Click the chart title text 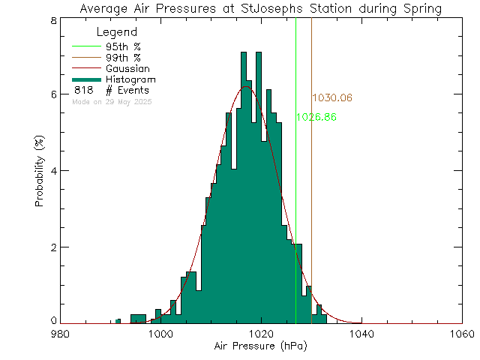pyautogui.click(x=259, y=8)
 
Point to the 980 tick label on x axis pyautogui.click(x=60, y=334)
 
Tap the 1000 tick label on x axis pyautogui.click(x=160, y=334)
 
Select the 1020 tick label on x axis pyautogui.click(x=261, y=334)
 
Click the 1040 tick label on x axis pyautogui.click(x=361, y=334)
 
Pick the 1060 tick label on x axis pyautogui.click(x=461, y=334)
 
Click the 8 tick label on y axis pyautogui.click(x=52, y=20)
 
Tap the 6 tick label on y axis pyautogui.click(x=52, y=94)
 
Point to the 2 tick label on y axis pyautogui.click(x=52, y=247)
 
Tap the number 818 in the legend pyautogui.click(x=83, y=90)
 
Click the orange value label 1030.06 pyautogui.click(x=332, y=98)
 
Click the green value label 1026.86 pyautogui.click(x=316, y=118)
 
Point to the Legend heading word pyautogui.click(x=118, y=33)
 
